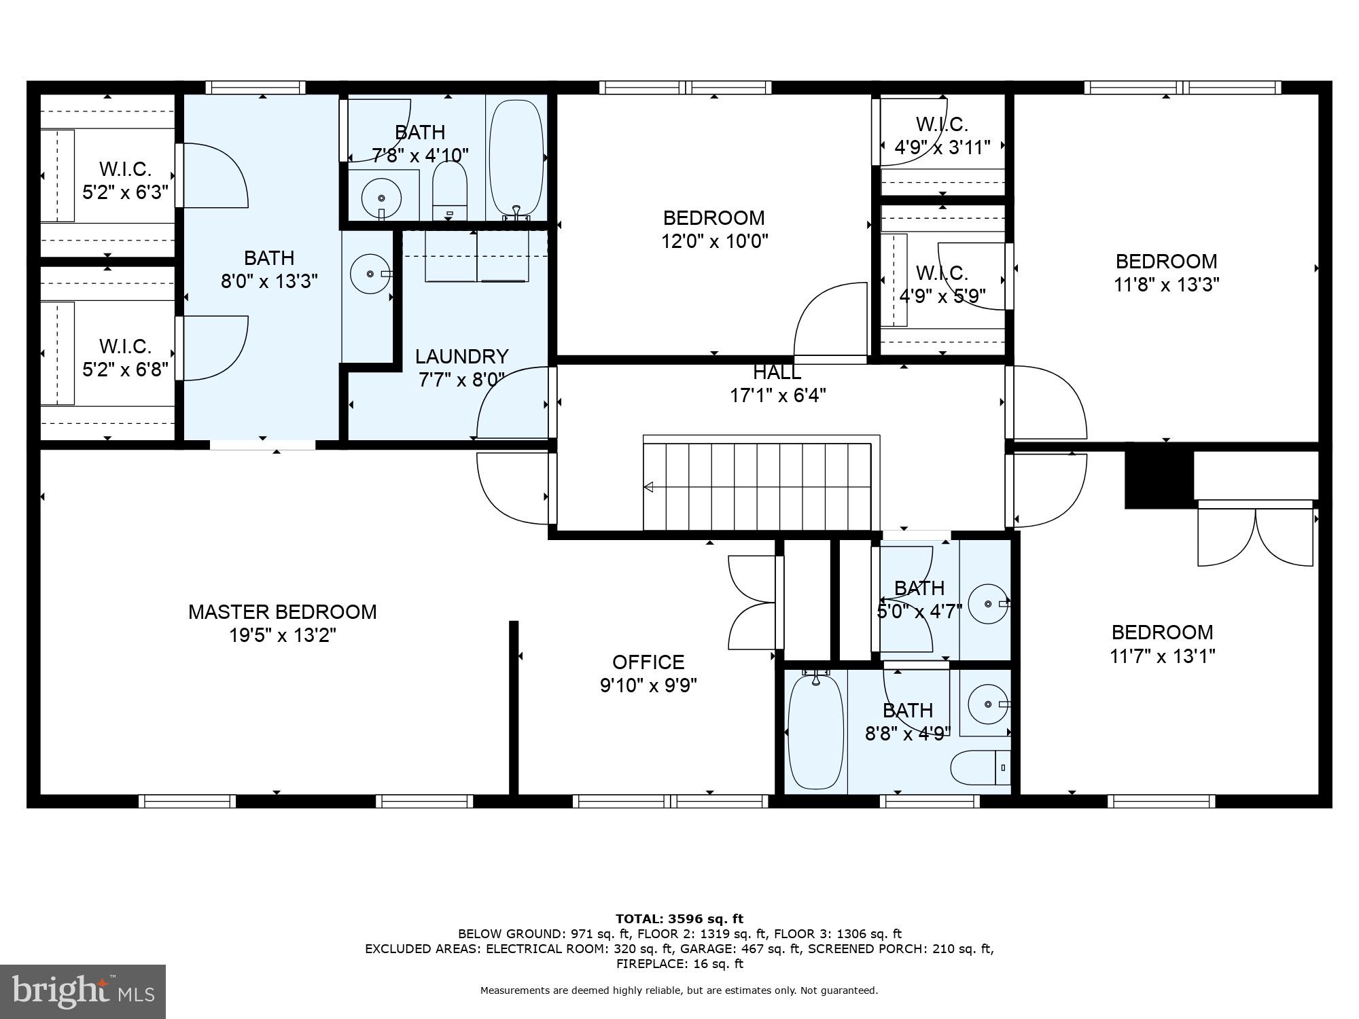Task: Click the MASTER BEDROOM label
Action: tap(282, 612)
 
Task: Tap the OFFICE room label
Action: tap(648, 662)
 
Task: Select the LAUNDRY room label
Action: tap(461, 357)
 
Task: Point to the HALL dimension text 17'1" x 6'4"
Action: tap(777, 395)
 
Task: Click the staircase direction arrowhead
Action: tap(648, 487)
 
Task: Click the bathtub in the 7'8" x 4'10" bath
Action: tap(517, 158)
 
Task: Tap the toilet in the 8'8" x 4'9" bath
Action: tap(978, 768)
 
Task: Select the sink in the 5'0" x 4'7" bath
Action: tap(987, 603)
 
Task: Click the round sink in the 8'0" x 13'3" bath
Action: tap(370, 274)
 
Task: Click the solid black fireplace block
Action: tap(1159, 480)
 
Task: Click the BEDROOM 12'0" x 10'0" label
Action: tap(713, 218)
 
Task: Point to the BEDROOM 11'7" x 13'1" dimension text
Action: tap(1162, 656)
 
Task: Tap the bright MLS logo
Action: tap(83, 991)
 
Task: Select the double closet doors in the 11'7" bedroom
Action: tap(1255, 537)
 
